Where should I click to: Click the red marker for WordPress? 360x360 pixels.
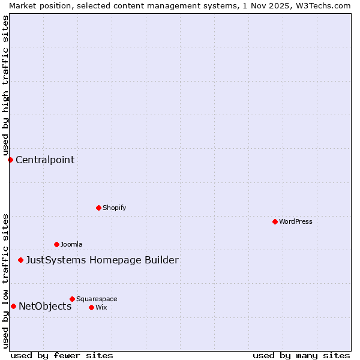point(275,221)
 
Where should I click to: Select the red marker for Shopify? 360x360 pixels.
point(98,208)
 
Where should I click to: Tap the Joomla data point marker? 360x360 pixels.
point(56,244)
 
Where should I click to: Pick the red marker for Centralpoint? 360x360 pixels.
point(10,160)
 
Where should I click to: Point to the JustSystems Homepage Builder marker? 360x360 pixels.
point(20,260)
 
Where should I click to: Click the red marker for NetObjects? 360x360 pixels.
point(13,306)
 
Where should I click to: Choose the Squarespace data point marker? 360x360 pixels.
point(72,299)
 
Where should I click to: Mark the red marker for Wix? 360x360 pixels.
point(91,307)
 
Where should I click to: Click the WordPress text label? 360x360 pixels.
point(296,221)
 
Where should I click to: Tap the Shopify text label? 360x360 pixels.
point(114,208)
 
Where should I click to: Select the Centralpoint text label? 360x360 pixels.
point(45,160)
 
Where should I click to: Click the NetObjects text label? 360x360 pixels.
point(45,306)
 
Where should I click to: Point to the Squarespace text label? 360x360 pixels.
point(97,299)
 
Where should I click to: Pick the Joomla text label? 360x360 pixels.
point(71,244)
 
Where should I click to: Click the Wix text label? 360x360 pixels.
point(101,307)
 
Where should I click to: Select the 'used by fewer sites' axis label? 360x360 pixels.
point(62,355)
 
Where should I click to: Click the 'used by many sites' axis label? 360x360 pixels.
point(301,355)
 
